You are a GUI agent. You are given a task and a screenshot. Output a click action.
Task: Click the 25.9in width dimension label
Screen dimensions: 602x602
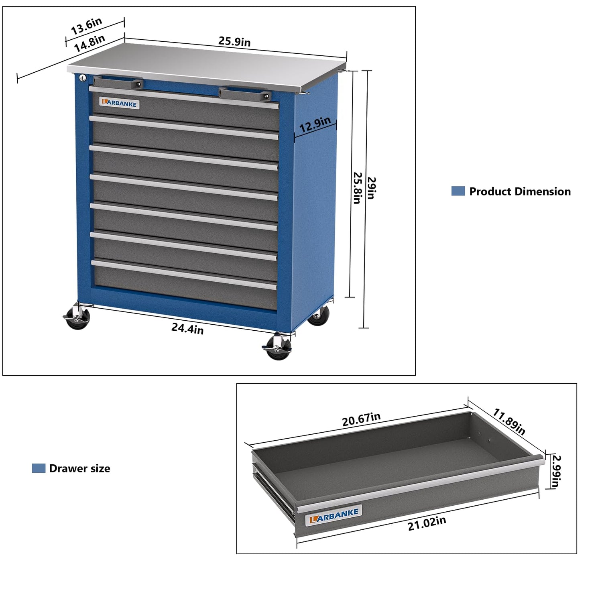coord(234,41)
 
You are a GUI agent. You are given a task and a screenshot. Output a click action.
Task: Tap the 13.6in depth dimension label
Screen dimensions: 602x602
coord(86,26)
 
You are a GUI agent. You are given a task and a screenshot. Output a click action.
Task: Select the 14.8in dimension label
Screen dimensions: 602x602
coord(89,43)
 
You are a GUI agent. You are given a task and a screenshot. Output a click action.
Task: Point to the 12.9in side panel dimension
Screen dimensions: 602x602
coord(315,124)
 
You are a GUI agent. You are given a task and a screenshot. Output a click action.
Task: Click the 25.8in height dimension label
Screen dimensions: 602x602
coord(357,188)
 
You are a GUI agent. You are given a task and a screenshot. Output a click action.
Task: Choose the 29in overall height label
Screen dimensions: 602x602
coord(371,188)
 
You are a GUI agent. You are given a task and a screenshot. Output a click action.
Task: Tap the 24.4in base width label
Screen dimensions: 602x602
coord(187,328)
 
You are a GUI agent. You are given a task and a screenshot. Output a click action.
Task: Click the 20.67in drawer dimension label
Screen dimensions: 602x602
coord(361,419)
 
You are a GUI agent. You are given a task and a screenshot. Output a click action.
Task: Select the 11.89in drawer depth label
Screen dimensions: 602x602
coord(509,421)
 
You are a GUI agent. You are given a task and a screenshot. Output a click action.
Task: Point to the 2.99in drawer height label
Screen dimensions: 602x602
coord(556,471)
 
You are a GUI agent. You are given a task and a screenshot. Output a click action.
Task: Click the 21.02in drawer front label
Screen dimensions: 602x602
coord(427,523)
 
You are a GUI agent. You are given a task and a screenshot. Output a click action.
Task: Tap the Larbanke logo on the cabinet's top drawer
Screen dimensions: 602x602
coord(119,103)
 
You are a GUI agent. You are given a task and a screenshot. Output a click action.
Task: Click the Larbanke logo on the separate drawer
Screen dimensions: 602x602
coord(334,515)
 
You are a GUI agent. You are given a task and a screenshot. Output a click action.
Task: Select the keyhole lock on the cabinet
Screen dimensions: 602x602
coord(82,78)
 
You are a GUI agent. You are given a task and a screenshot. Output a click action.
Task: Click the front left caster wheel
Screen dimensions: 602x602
coord(77,317)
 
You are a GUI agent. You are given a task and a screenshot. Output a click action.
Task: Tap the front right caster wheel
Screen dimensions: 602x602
coord(277,348)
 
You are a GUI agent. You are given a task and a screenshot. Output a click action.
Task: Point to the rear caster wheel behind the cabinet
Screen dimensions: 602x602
coord(319,315)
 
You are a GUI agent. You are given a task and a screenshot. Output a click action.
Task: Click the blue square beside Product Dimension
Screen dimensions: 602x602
coord(458,191)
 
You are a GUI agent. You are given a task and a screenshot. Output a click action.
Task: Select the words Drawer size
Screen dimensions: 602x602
coord(79,468)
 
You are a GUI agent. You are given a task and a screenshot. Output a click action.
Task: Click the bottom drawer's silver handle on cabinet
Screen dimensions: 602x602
coord(184,275)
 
